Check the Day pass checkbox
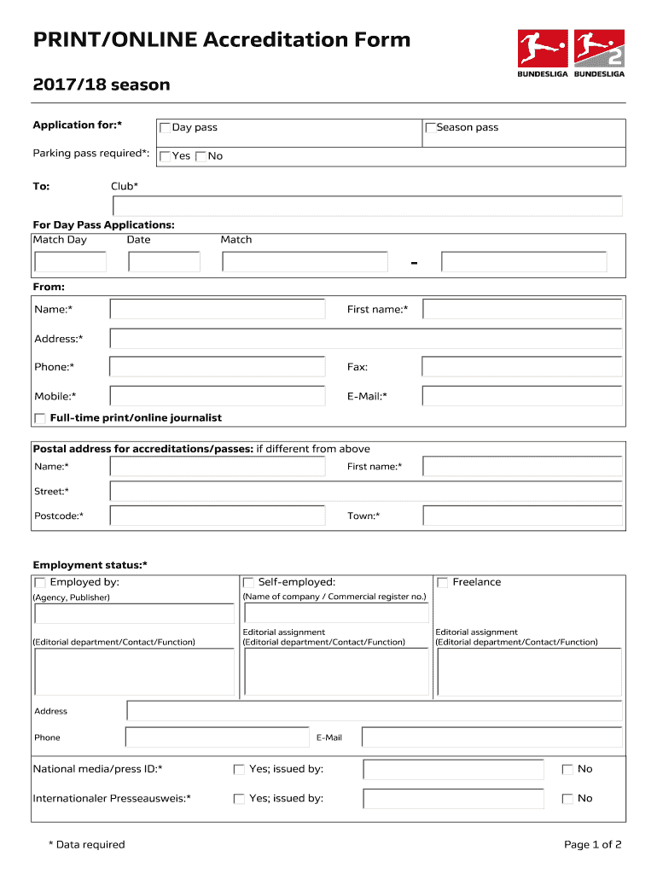165,128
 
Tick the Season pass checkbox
431,128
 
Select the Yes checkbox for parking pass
165,156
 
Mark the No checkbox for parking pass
201,156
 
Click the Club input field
367,207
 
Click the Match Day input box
70,262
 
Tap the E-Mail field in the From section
522,396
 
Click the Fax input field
522,367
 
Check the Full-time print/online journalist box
40,418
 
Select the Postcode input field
218,516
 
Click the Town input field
522,516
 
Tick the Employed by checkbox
40,583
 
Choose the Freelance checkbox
443,583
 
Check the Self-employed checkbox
248,583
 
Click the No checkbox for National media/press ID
567,770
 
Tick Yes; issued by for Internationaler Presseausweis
239,799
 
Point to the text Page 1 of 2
592,845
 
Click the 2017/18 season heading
102,84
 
